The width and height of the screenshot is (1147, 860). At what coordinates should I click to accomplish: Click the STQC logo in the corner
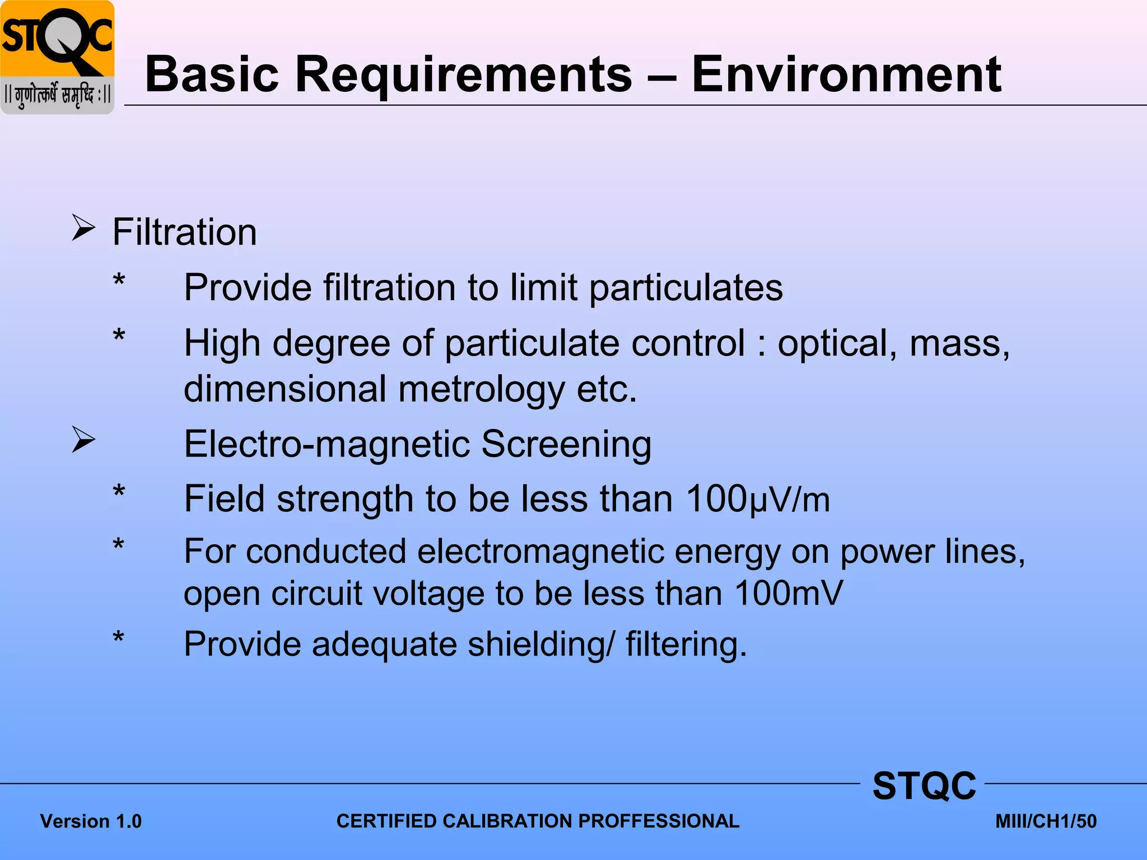[x=57, y=57]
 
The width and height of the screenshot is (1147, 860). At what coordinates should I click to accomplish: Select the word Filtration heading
[x=184, y=232]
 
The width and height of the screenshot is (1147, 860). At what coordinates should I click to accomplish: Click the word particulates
[x=686, y=288]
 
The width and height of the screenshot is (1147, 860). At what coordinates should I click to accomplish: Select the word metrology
[x=481, y=390]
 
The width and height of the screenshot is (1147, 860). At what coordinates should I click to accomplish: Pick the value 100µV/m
[x=758, y=499]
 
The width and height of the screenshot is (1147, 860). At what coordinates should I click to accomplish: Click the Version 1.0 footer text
[x=91, y=821]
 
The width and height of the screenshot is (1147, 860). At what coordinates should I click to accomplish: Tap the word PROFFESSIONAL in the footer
[x=659, y=821]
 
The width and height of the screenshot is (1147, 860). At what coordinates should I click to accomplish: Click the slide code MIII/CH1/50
[x=1046, y=821]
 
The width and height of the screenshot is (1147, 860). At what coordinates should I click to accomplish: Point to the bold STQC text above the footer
[x=924, y=786]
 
